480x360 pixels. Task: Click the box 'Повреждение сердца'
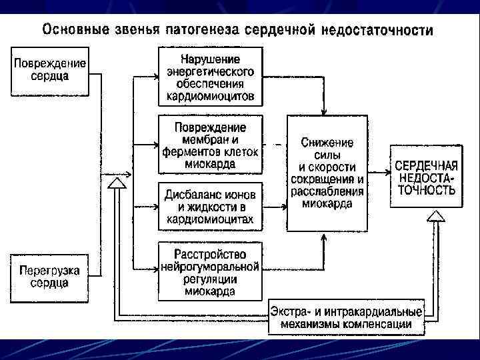click(51, 70)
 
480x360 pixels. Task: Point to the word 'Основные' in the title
click(71, 31)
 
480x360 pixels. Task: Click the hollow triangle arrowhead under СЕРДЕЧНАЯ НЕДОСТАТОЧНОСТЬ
click(435, 215)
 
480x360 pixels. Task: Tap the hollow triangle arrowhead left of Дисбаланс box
click(115, 181)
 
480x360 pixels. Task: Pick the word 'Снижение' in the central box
click(327, 143)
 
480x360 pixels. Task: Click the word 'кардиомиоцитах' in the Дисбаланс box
click(211, 219)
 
